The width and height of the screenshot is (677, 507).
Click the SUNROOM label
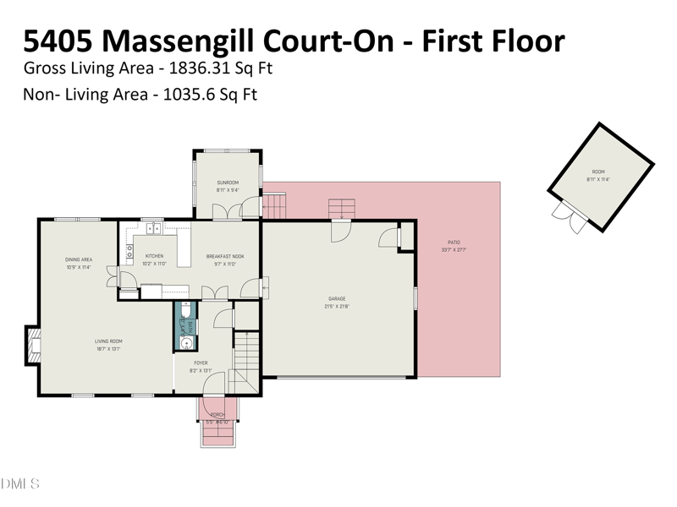tap(228, 183)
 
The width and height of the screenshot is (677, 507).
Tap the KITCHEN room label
tap(154, 256)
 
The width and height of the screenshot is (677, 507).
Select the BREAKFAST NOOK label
tap(225, 256)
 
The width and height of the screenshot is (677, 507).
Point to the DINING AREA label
tap(79, 259)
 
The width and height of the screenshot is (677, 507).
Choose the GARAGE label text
tap(337, 298)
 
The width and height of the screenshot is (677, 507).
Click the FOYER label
tap(201, 363)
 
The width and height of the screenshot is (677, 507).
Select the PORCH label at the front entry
tap(217, 415)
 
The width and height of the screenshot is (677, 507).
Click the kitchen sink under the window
tap(153, 227)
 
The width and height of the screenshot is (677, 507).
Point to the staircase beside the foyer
tap(245, 359)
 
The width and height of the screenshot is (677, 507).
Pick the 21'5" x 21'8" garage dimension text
tap(337, 306)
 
